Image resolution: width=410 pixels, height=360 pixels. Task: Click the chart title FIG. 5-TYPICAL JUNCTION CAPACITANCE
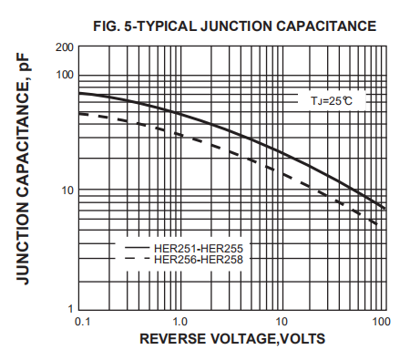pyautogui.click(x=234, y=26)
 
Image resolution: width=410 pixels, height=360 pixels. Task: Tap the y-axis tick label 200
pyautogui.click(x=64, y=46)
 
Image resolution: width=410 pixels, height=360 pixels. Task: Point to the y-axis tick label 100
pyautogui.click(x=64, y=74)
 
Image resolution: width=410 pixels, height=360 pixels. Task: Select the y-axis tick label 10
pyautogui.click(x=67, y=190)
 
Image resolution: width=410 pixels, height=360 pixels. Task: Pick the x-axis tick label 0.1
pyautogui.click(x=81, y=322)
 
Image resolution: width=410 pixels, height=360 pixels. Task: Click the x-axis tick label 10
pyautogui.click(x=282, y=322)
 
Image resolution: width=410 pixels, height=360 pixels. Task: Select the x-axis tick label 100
pyautogui.click(x=381, y=322)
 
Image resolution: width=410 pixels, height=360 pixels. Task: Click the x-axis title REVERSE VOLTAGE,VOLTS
pyautogui.click(x=232, y=339)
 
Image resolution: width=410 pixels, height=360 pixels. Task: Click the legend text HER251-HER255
pyautogui.click(x=199, y=247)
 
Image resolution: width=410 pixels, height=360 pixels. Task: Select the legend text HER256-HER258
pyautogui.click(x=199, y=259)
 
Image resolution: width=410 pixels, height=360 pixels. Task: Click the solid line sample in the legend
pyautogui.click(x=137, y=247)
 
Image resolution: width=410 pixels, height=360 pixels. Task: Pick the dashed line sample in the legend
pyautogui.click(x=137, y=259)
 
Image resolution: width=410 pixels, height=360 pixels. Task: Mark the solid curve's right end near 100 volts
pyautogui.click(x=384, y=209)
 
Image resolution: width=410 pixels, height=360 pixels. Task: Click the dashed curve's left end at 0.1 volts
pyautogui.click(x=81, y=113)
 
